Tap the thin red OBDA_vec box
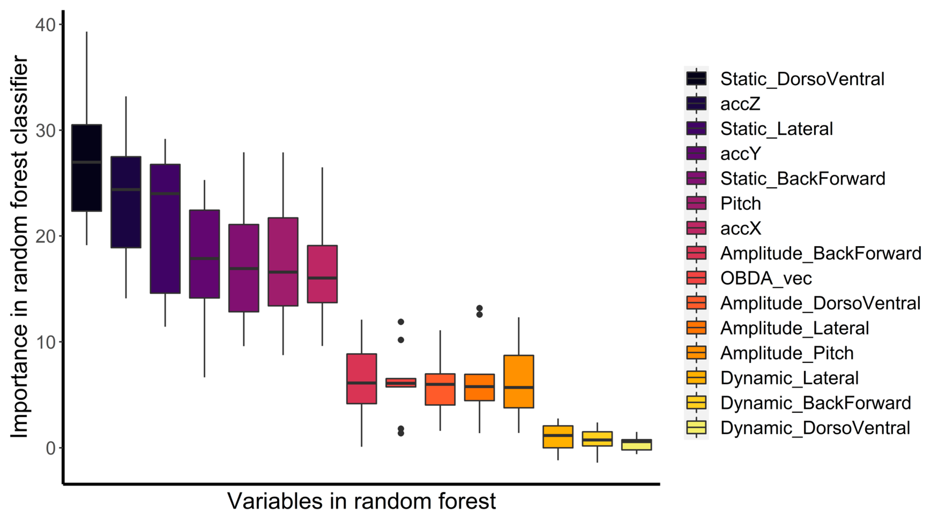pyautogui.click(x=401, y=383)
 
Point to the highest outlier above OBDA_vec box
pyautogui.click(x=401, y=322)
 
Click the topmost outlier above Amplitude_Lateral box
pyautogui.click(x=479, y=308)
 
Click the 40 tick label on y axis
pyautogui.click(x=45, y=25)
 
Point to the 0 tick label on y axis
pyautogui.click(x=51, y=448)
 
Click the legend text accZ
pyautogui.click(x=740, y=104)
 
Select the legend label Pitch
pyautogui.click(x=740, y=204)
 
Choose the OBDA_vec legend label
pyautogui.click(x=766, y=278)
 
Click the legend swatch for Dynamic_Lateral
pyautogui.click(x=696, y=377)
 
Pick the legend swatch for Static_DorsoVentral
pyautogui.click(x=696, y=79)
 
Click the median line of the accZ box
pyautogui.click(x=126, y=190)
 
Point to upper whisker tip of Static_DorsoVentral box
pyautogui.click(x=86, y=33)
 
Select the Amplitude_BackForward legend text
pyautogui.click(x=820, y=254)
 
